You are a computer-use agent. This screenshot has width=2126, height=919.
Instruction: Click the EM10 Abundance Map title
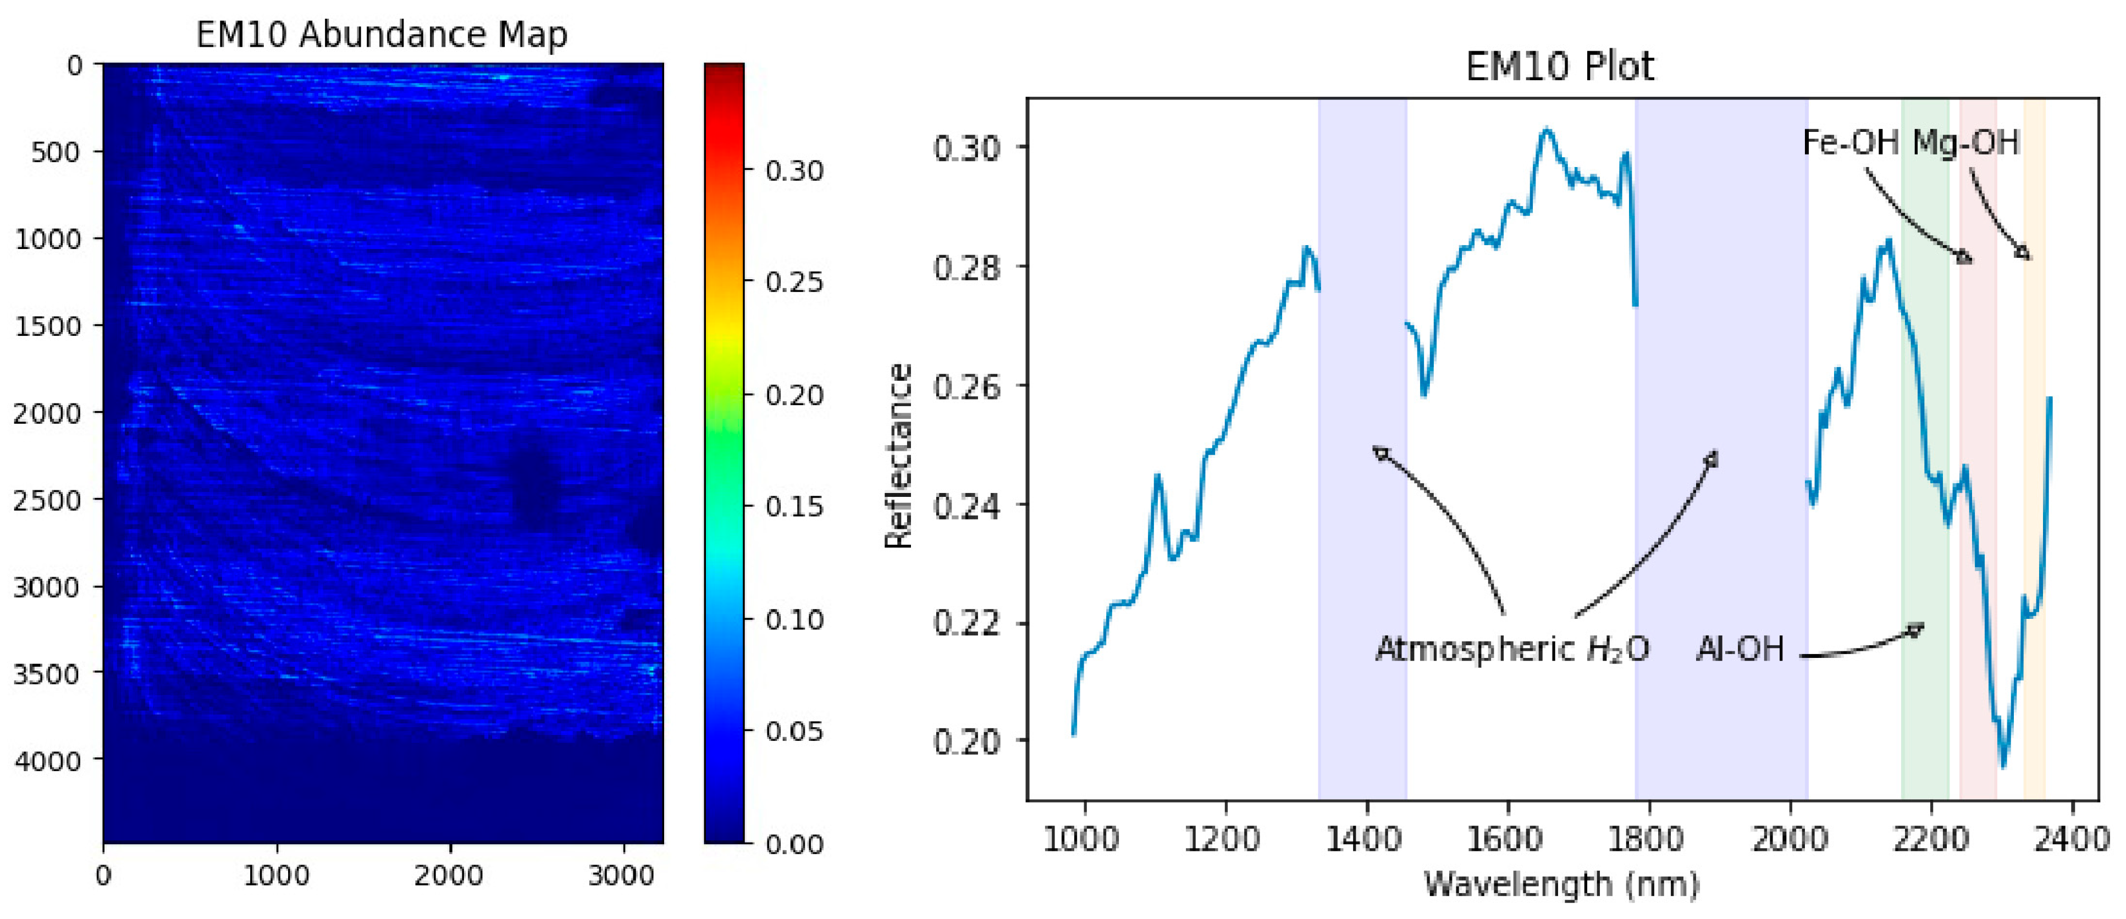pyautogui.click(x=382, y=35)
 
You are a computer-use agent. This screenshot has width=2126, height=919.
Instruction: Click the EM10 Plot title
pyautogui.click(x=1559, y=66)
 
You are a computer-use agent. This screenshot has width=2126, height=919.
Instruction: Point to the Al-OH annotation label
pyautogui.click(x=1740, y=649)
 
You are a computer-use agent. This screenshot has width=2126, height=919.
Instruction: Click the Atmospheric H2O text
pyautogui.click(x=1512, y=649)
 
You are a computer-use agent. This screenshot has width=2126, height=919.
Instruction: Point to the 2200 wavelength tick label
pyautogui.click(x=1930, y=840)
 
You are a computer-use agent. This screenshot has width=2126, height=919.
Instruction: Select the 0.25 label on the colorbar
pyautogui.click(x=794, y=282)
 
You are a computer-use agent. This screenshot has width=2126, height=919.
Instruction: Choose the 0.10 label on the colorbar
pyautogui.click(x=794, y=619)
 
